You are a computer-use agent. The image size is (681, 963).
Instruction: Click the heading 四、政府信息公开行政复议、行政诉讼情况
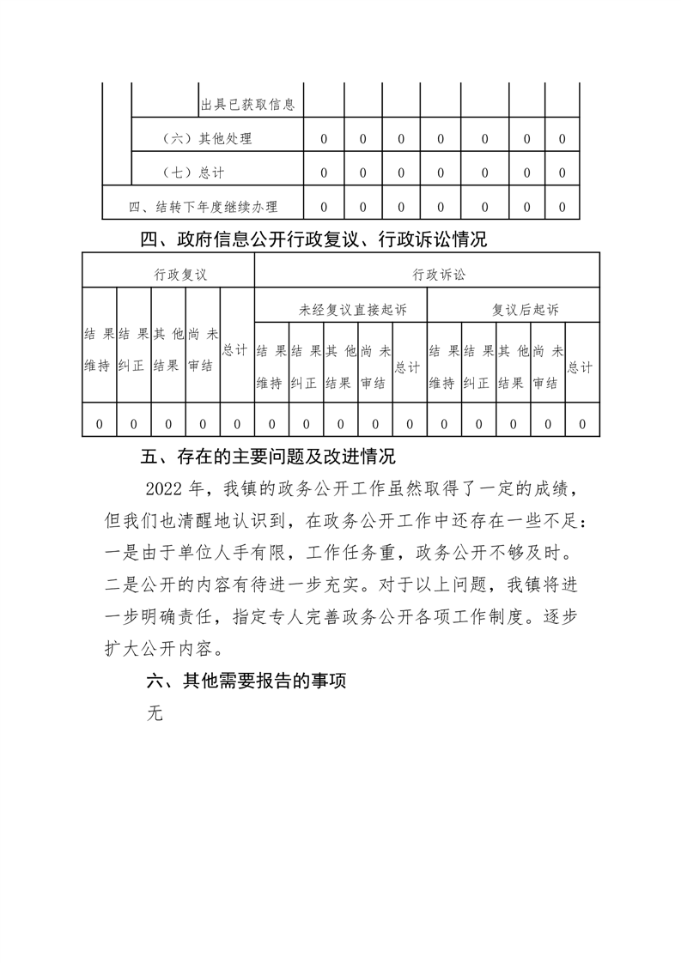coord(313,239)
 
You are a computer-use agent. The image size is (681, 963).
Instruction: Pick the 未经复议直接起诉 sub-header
coord(341,310)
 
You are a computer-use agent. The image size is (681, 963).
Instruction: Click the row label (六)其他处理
coord(208,138)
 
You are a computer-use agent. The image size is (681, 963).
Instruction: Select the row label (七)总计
coord(194,173)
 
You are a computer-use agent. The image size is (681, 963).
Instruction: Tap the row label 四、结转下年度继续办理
coord(203,207)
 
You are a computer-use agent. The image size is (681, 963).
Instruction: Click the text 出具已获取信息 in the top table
coord(247,105)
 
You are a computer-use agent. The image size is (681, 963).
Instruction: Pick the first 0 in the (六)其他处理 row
coord(324,138)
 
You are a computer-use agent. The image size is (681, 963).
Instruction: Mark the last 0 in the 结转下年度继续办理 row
coord(562,207)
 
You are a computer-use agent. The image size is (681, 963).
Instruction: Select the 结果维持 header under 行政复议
coord(98,350)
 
